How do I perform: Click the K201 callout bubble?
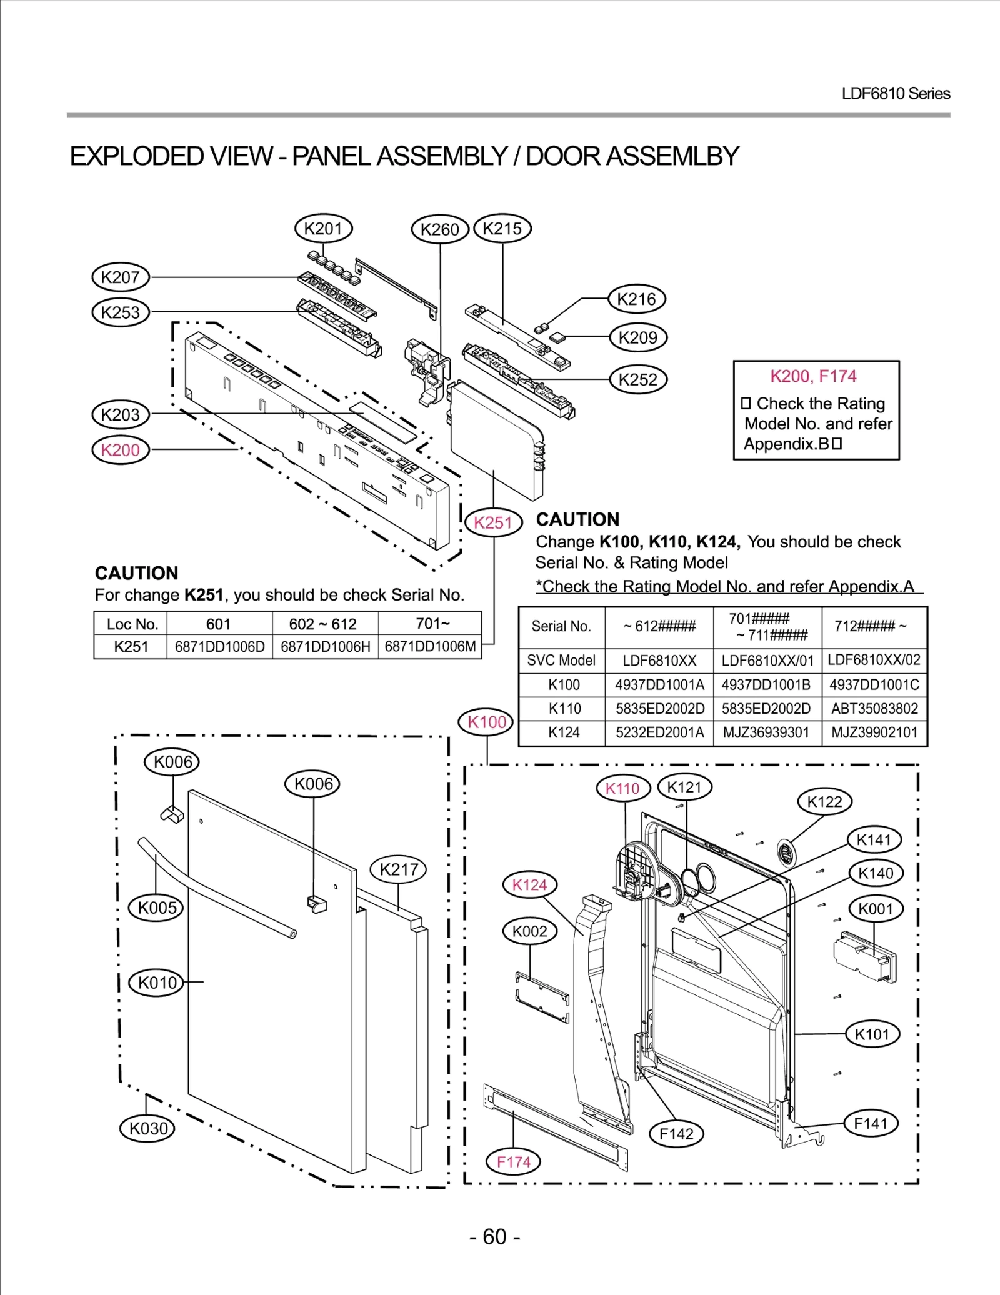[323, 229]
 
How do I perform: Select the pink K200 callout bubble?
[120, 450]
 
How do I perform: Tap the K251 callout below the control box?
[493, 522]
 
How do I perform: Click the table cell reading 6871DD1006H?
[325, 647]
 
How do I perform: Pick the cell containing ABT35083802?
[874, 709]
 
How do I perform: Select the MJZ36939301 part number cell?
[766, 732]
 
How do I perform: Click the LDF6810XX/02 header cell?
[874, 659]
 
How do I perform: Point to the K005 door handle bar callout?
[156, 907]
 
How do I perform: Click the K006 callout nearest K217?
[312, 784]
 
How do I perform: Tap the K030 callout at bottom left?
[147, 1128]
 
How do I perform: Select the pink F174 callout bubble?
[513, 1162]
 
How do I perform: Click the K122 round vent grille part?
[787, 852]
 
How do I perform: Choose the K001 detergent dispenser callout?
[876, 909]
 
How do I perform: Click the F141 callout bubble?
[871, 1123]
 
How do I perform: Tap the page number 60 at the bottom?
[494, 1236]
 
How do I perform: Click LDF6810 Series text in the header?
[895, 94]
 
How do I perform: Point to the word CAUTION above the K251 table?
[136, 573]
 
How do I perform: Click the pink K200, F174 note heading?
[812, 376]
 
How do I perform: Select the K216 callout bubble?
[636, 299]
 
